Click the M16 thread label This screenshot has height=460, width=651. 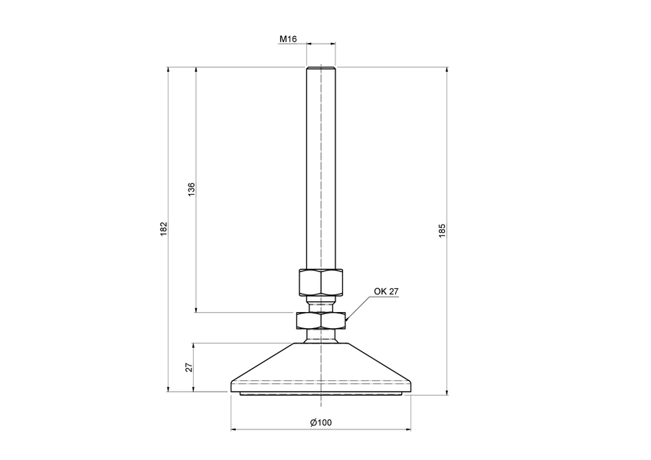[288, 38]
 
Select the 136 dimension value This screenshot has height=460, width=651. [191, 189]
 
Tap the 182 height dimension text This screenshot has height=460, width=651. [163, 229]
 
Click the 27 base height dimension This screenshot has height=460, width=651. [189, 367]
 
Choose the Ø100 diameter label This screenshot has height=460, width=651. [320, 422]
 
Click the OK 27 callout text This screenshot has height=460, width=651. [386, 291]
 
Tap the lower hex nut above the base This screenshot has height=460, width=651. [320, 318]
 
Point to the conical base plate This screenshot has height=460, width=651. [320, 364]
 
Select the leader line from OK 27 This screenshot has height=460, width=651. [360, 307]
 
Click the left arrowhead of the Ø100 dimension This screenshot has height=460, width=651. [234, 429]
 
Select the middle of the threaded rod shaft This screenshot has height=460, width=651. [320, 169]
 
